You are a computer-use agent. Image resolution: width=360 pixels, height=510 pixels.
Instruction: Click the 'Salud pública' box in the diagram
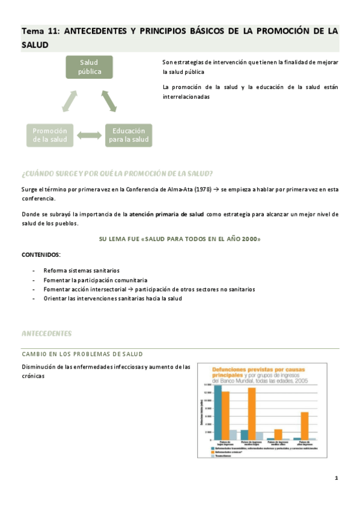click(x=90, y=67)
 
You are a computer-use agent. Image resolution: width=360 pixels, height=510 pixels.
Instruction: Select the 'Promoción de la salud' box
click(x=50, y=135)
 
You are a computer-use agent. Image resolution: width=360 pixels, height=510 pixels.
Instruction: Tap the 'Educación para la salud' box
click(x=128, y=135)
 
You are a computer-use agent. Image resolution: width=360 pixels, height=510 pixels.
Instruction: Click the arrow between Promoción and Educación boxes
click(x=89, y=136)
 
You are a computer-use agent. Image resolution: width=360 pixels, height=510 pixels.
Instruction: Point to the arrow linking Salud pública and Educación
click(x=109, y=100)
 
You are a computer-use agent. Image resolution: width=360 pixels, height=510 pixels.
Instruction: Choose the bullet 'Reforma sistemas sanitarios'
click(x=81, y=271)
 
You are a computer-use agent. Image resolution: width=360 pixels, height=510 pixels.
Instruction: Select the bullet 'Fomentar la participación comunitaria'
click(x=95, y=280)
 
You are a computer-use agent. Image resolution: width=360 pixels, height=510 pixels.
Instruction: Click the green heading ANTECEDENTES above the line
click(x=46, y=333)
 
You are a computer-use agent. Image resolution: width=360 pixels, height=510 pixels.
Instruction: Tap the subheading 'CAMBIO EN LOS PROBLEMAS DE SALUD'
click(x=82, y=354)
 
